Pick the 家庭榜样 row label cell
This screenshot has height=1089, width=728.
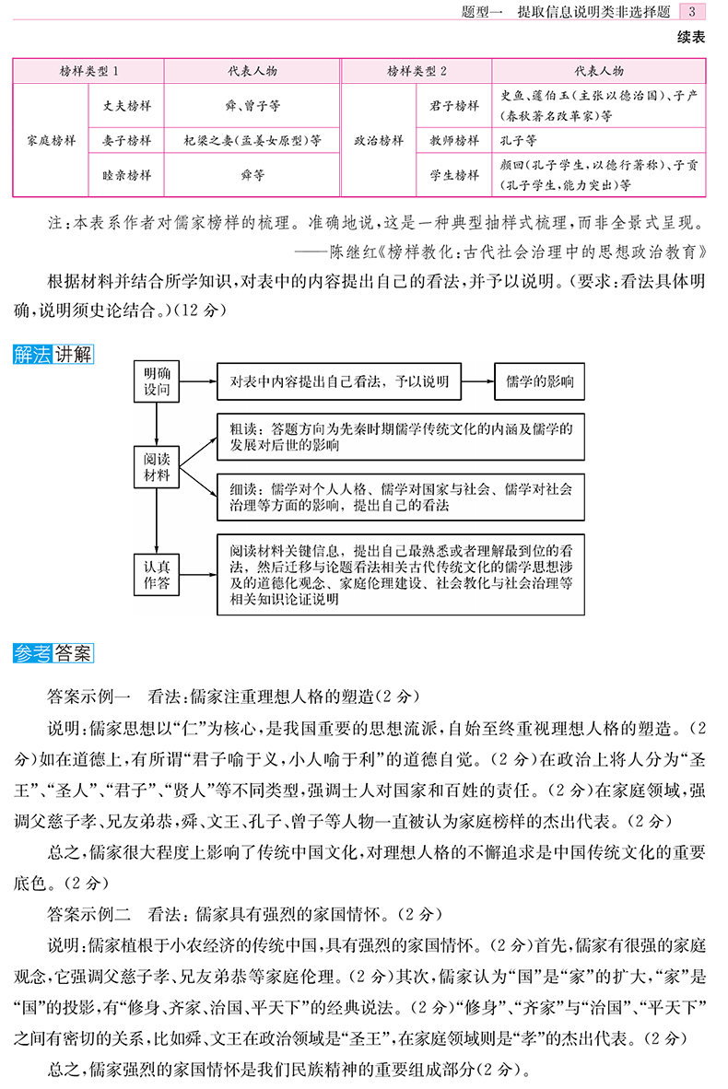click(51, 141)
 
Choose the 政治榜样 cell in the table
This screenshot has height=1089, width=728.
click(379, 141)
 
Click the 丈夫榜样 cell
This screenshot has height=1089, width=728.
click(126, 106)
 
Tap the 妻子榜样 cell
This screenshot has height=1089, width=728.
click(126, 141)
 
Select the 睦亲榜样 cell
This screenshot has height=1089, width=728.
click(126, 175)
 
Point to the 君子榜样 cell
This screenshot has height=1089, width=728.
click(454, 106)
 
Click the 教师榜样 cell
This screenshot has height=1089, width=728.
click(454, 141)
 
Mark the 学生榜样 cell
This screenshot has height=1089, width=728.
click(454, 175)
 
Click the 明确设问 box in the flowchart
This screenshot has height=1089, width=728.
click(157, 381)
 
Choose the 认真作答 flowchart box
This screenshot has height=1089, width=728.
click(157, 572)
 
